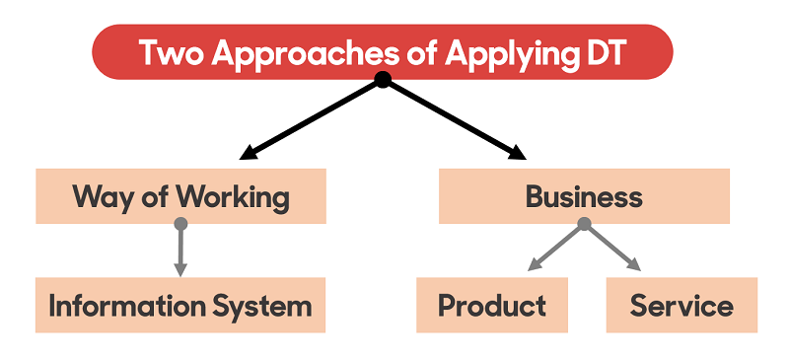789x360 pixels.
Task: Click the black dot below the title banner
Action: [383, 80]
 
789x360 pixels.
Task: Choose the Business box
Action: [584, 196]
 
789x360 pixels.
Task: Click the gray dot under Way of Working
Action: [180, 224]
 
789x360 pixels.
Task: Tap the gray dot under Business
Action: [584, 224]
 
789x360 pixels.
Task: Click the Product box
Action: [492, 305]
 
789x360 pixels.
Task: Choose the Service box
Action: [681, 305]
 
